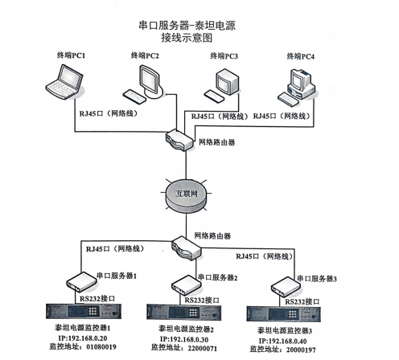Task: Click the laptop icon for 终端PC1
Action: coord(64,82)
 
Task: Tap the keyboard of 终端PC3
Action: coord(214,96)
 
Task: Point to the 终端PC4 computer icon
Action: coord(296,88)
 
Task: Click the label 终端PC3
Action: coord(224,56)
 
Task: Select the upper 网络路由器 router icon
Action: coord(179,140)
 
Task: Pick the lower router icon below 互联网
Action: coord(187,247)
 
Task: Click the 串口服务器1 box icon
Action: coord(81,281)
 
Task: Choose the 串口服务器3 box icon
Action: coord(286,287)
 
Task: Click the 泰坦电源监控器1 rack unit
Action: coord(84,311)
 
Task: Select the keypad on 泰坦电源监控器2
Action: coord(194,313)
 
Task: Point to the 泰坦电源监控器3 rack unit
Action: coord(283,313)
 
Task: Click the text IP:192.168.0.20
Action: coord(83,338)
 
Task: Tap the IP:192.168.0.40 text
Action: coord(282,342)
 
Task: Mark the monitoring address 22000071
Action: coord(203,348)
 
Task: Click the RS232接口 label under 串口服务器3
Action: coord(302,302)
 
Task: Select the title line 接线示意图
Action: coord(187,38)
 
